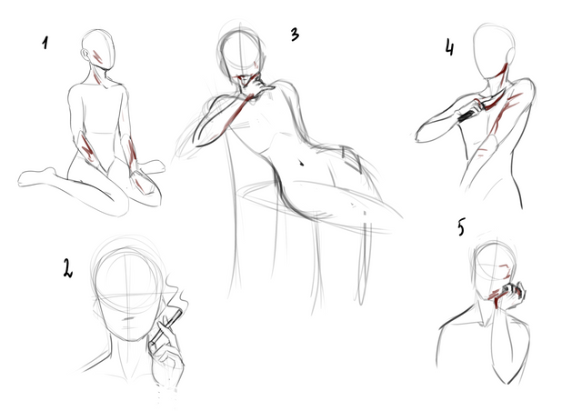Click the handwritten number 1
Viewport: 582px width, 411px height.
[x=45, y=43]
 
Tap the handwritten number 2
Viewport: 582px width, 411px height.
[x=67, y=268]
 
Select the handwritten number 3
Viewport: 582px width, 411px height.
[x=295, y=35]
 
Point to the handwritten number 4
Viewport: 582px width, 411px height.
[x=449, y=47]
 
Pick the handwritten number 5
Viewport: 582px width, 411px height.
[x=461, y=226]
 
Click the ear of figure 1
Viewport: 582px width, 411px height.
[x=85, y=55]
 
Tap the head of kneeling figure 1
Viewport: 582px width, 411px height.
[x=98, y=49]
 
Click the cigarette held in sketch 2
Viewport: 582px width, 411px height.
[x=166, y=326]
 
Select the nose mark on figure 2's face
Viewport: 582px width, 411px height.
[x=129, y=318]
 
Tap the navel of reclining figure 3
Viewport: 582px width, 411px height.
[x=301, y=162]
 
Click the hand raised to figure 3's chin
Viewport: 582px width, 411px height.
[x=257, y=86]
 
